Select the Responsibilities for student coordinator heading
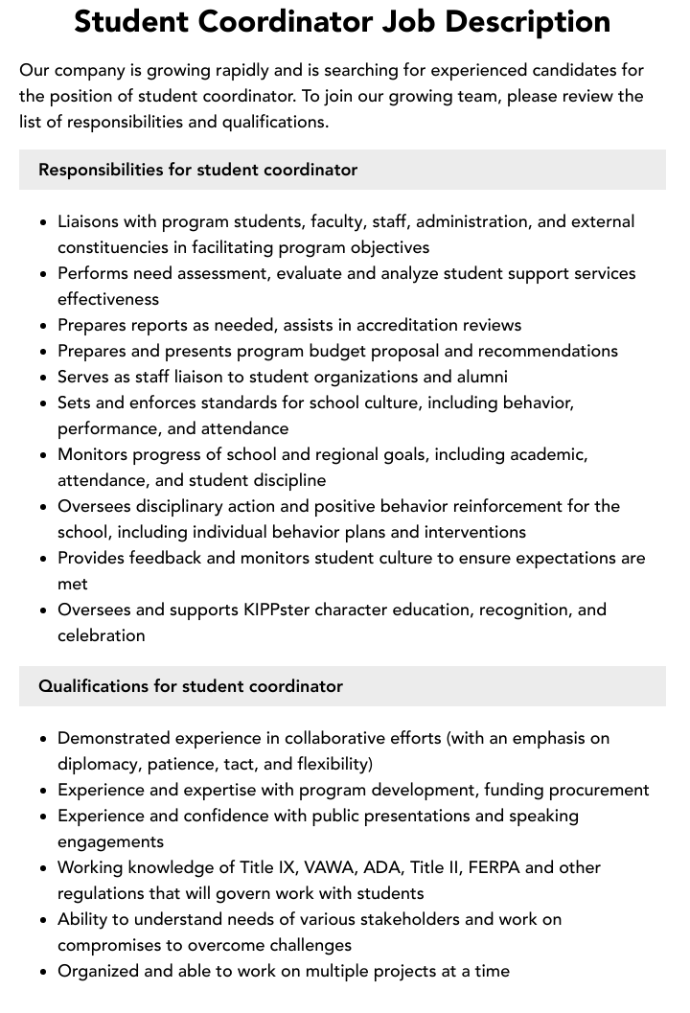point(197,170)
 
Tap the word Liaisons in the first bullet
point(89,221)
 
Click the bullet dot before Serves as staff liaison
point(43,378)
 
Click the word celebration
point(102,635)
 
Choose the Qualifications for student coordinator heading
point(191,686)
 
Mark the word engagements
point(110,841)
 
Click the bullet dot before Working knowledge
point(43,868)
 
